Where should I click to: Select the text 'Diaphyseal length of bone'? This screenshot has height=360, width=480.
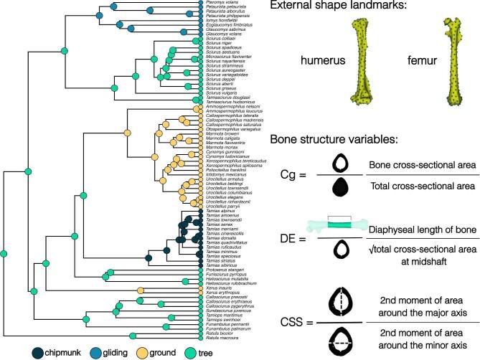coord(420,230)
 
